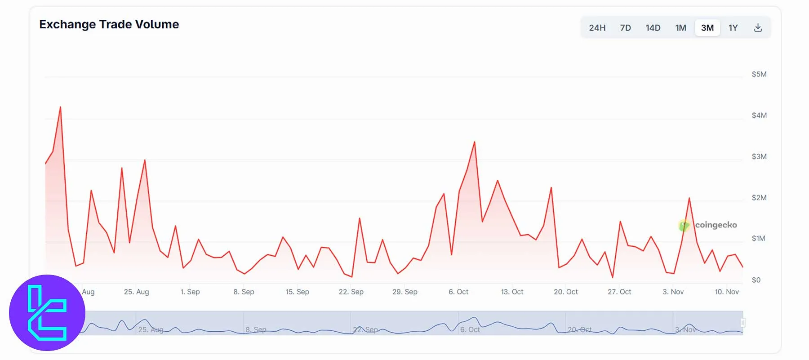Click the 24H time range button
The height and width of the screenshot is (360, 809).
click(597, 28)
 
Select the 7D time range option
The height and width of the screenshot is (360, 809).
click(625, 28)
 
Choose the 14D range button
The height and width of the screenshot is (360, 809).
click(653, 28)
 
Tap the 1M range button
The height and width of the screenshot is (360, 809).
click(680, 28)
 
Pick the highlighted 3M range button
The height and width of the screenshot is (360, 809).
click(707, 28)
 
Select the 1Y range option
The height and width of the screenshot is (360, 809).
click(733, 28)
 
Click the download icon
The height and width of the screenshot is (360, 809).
click(758, 28)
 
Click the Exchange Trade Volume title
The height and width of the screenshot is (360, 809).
click(109, 24)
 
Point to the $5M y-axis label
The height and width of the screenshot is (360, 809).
click(759, 74)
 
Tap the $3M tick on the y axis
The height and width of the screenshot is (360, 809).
click(759, 156)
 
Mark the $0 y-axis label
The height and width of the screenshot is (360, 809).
click(756, 280)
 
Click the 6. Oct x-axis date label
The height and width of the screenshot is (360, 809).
click(458, 292)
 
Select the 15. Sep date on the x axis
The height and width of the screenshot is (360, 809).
click(297, 292)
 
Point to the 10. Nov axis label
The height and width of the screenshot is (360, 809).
click(726, 292)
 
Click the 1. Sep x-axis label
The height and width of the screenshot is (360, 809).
click(190, 292)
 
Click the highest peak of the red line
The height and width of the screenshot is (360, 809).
click(60, 107)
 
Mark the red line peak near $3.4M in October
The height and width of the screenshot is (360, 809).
click(474, 142)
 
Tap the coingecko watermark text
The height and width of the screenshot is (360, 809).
click(716, 225)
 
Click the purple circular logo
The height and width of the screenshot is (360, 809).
click(47, 313)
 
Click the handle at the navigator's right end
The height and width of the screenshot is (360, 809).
click(742, 323)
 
